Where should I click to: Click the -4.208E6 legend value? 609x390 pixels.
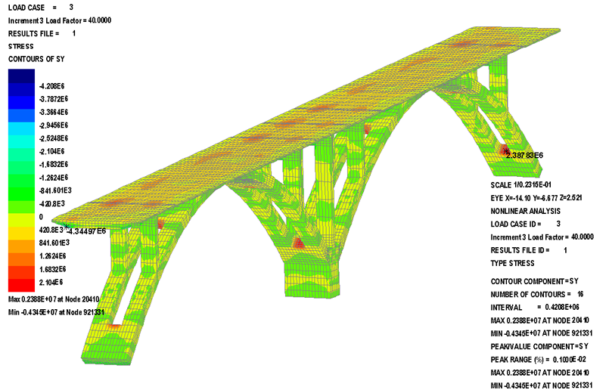52,86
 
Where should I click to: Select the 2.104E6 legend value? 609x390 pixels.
51,282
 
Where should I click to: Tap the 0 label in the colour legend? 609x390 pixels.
41,217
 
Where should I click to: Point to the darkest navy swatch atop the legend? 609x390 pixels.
21,76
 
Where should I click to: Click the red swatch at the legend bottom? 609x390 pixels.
21,284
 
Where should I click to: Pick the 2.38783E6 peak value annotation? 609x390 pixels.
525,155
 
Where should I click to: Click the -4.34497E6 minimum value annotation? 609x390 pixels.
86,231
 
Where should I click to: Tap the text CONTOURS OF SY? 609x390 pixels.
36,59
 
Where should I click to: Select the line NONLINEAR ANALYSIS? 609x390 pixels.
526,211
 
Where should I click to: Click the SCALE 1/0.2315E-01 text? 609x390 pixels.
520,185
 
